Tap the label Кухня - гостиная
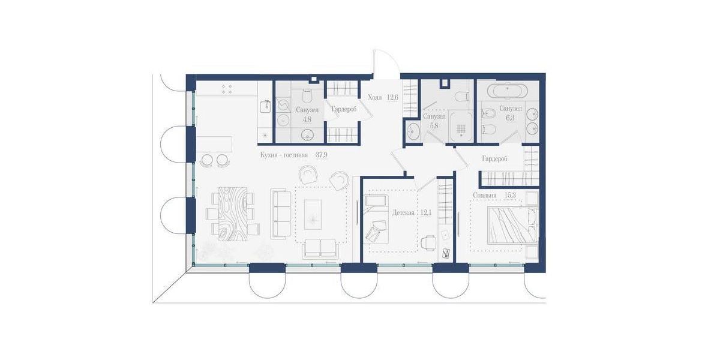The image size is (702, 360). (284, 155)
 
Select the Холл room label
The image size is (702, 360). (375, 97)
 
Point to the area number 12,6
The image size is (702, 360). (392, 97)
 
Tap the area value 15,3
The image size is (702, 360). (508, 195)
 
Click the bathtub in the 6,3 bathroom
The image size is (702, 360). (506, 92)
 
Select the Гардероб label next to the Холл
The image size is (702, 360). (344, 109)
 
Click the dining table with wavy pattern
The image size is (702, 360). (232, 212)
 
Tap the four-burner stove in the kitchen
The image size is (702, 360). (227, 89)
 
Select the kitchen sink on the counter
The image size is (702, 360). (264, 106)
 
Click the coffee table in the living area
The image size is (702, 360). (316, 212)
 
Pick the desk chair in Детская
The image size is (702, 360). (428, 242)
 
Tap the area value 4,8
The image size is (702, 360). (307, 119)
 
